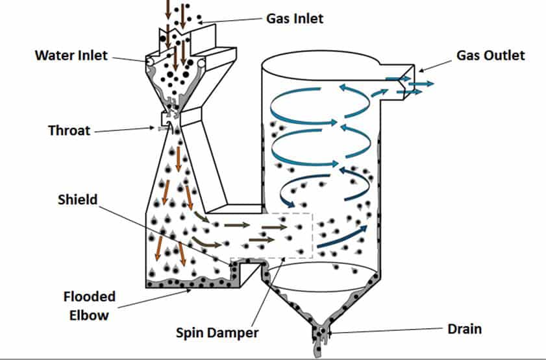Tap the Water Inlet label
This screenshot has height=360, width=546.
point(71,54)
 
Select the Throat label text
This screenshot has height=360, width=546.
point(69,130)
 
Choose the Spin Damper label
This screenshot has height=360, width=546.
point(217,333)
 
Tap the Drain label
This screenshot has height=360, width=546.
point(464,329)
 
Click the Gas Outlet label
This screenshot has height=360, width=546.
point(490,55)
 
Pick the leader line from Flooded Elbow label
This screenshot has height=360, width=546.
point(156,299)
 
